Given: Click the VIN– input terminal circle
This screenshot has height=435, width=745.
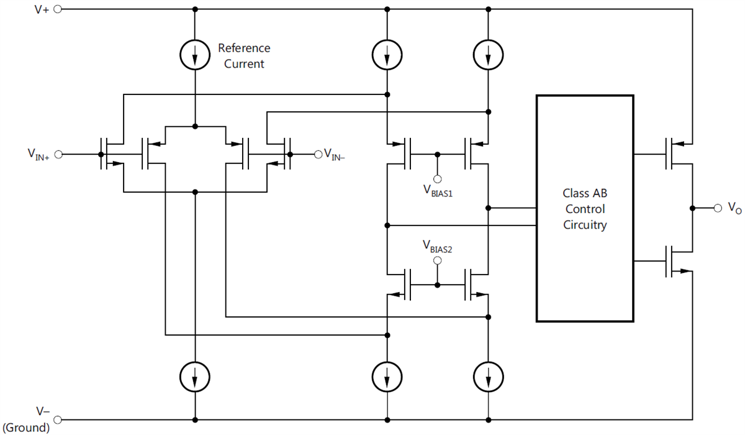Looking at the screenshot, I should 318,154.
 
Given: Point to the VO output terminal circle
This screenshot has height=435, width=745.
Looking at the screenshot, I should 718,207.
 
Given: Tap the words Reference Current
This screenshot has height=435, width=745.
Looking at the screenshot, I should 244,56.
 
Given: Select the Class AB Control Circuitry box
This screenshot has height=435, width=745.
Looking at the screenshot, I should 585,208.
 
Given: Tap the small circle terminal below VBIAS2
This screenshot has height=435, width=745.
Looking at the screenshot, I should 438,262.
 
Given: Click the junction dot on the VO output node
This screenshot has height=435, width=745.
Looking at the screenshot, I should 692,207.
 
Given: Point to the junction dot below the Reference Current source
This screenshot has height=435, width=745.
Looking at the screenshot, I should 195,126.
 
